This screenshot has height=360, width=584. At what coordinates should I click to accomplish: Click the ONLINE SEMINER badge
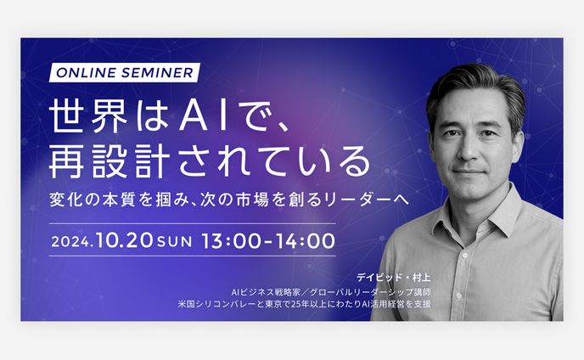(x=125, y=72)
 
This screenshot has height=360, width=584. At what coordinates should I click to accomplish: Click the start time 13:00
(x=230, y=240)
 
